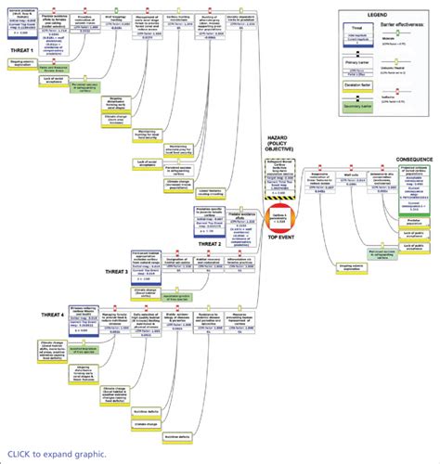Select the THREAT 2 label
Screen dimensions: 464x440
(x=210, y=244)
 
